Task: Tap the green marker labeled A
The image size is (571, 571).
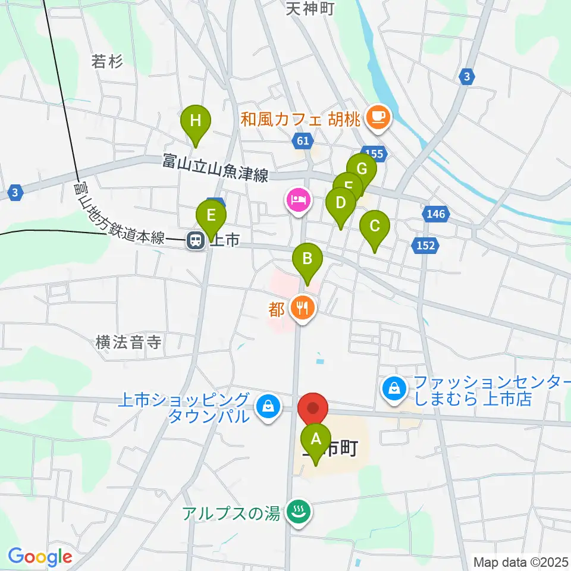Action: click(316, 440)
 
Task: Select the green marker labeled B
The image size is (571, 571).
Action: click(308, 259)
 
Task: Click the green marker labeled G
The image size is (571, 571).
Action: click(362, 169)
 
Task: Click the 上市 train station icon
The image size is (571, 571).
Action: click(194, 240)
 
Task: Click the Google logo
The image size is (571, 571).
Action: click(40, 557)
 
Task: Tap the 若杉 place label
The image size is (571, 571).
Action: click(107, 61)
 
